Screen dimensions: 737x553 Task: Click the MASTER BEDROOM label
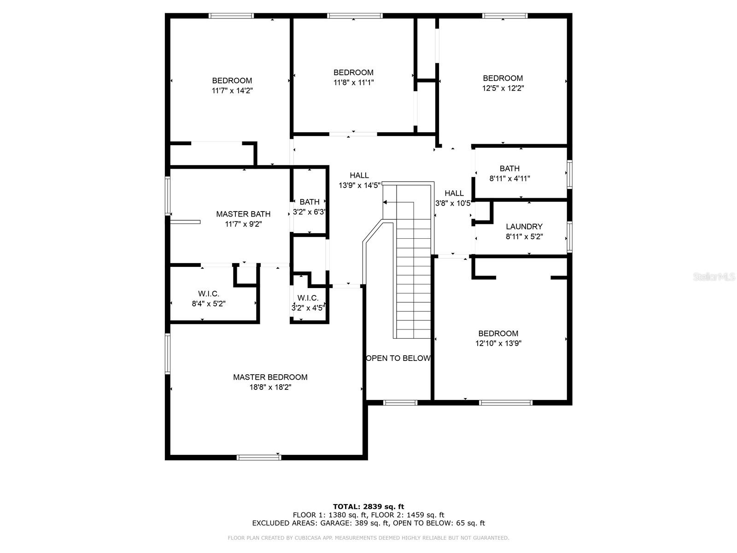point(270,377)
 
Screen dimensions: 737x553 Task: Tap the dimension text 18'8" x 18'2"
point(270,387)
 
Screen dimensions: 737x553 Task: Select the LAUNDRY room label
point(524,227)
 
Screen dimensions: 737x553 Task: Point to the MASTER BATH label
point(243,214)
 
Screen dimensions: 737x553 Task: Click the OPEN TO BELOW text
point(398,358)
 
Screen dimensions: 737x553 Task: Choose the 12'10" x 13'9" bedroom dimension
point(498,343)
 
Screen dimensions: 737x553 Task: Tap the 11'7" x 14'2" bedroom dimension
point(232,90)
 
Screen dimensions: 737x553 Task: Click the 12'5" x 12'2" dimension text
point(503,88)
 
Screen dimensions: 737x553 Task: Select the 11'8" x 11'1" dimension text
point(353,82)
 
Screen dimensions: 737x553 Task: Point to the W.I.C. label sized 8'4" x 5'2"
point(209,294)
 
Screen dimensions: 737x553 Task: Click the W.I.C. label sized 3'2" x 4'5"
point(308,298)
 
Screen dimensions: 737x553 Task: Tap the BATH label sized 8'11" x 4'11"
point(509,169)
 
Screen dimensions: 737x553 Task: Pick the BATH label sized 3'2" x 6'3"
point(309,202)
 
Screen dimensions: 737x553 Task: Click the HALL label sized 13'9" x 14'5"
point(359,175)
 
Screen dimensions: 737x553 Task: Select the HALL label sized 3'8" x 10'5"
point(454,193)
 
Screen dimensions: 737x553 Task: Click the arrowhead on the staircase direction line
point(385,202)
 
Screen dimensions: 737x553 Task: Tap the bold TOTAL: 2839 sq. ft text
point(368,506)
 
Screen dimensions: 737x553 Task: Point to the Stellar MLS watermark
point(714,276)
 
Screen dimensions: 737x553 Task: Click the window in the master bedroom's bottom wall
point(258,457)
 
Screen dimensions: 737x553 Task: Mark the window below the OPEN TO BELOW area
point(400,403)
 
